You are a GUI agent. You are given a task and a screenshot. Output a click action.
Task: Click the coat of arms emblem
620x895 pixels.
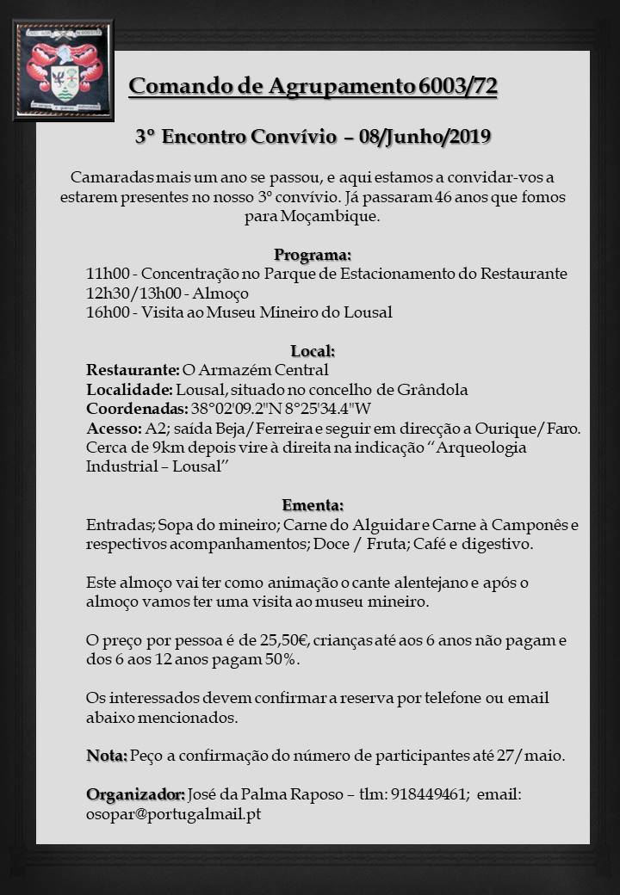[x=64, y=70]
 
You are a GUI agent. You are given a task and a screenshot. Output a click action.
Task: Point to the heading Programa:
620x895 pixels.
[x=313, y=255]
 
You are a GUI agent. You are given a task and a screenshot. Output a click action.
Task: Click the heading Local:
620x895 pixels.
[x=313, y=351]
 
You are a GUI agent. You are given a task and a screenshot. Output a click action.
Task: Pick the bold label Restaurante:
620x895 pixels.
[x=133, y=370]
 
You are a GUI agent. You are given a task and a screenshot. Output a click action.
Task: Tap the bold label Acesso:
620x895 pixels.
[x=114, y=428]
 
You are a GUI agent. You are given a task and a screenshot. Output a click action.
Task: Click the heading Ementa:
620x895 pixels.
[x=313, y=505]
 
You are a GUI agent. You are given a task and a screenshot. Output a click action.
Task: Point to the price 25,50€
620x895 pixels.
[x=278, y=640]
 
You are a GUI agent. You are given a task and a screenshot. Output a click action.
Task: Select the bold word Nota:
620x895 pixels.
[x=107, y=756]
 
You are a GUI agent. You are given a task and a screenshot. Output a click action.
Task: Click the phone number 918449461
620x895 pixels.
[x=429, y=794]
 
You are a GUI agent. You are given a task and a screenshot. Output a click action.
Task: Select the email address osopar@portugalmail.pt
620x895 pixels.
[x=173, y=813]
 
